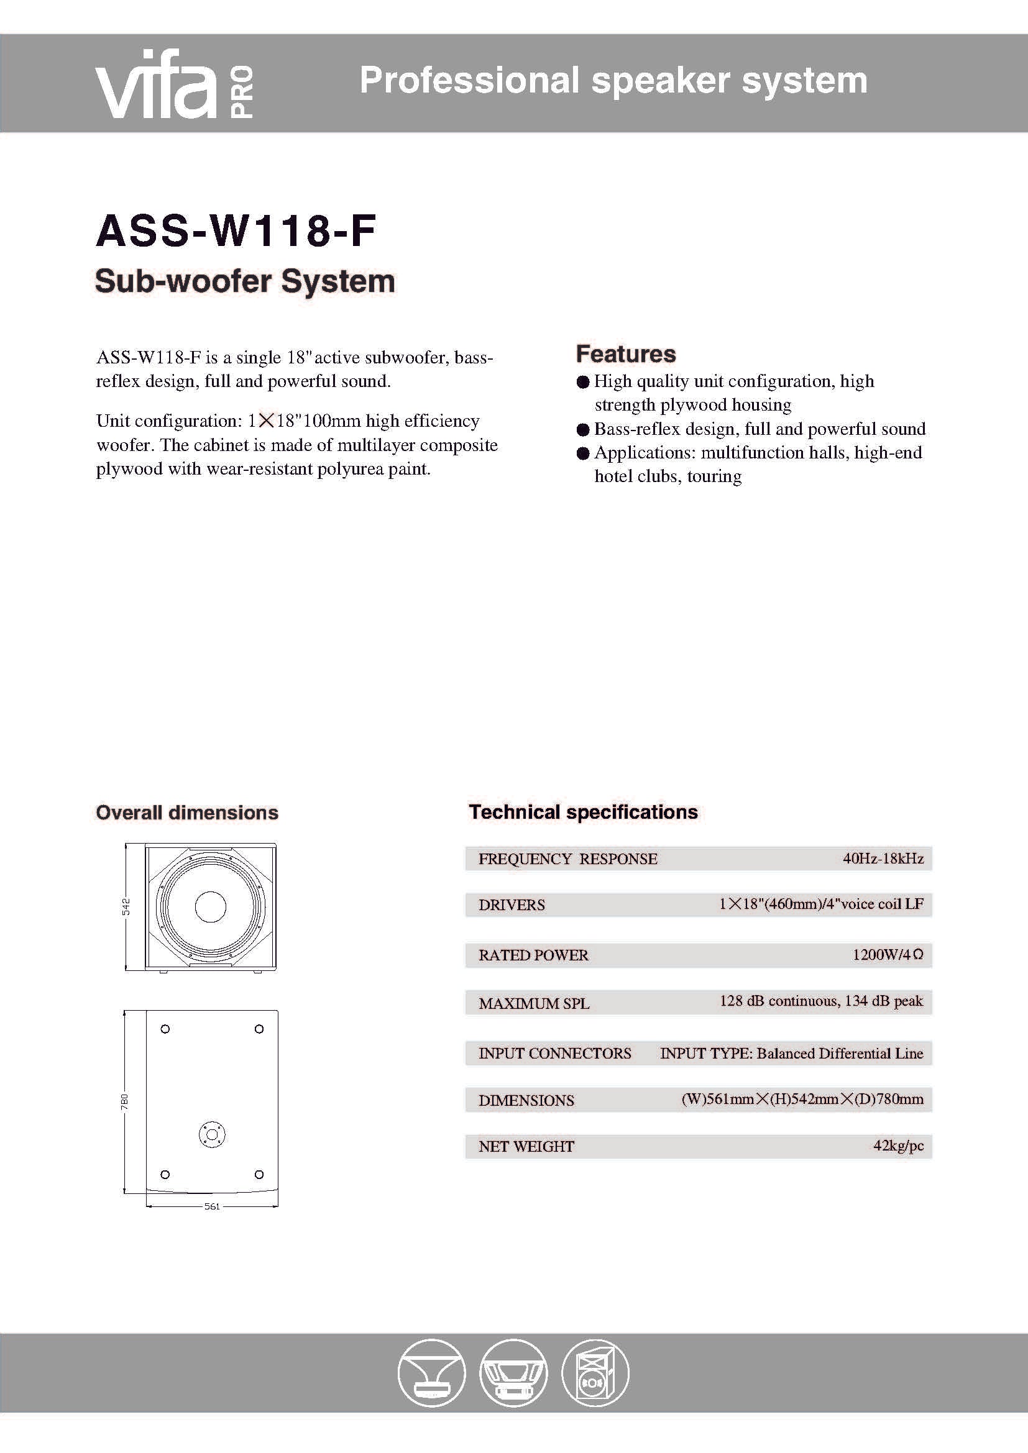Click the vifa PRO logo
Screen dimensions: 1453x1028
coord(174,83)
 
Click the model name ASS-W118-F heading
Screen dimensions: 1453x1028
coord(236,230)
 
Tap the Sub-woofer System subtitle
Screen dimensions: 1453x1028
coord(245,281)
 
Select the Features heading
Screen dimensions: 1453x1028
coord(625,353)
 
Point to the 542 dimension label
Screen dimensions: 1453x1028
coord(126,906)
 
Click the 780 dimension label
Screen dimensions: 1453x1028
coord(125,1102)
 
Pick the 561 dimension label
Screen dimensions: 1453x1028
coord(212,1206)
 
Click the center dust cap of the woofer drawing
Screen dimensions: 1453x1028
coord(211,906)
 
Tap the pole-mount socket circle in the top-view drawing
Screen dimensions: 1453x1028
coord(211,1134)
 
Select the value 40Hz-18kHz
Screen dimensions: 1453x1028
coord(883,858)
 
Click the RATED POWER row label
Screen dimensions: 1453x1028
coord(533,955)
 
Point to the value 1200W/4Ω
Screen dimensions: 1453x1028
coord(888,954)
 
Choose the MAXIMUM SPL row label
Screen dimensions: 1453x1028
coord(534,1003)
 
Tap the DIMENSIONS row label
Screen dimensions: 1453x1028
coord(526,1100)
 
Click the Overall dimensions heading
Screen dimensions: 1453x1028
coord(186,813)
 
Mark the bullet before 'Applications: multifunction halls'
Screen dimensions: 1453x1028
coord(583,453)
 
